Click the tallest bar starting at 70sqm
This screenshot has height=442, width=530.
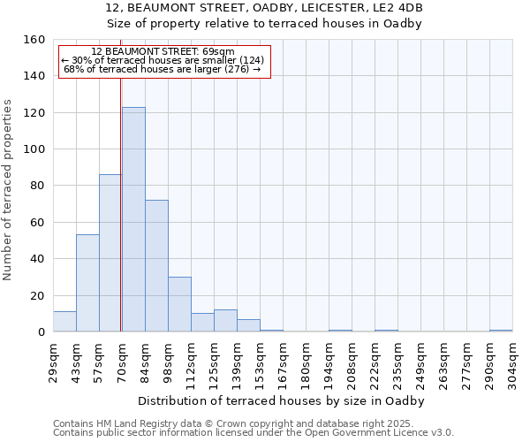[133, 219]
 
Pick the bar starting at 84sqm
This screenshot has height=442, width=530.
[156, 265]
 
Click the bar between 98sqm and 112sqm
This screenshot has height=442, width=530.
[179, 304]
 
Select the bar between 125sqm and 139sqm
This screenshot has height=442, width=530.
[225, 321]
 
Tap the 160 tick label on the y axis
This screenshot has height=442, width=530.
[34, 40]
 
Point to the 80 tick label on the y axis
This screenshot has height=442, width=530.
[37, 186]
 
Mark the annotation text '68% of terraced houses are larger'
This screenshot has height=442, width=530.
[163, 69]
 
